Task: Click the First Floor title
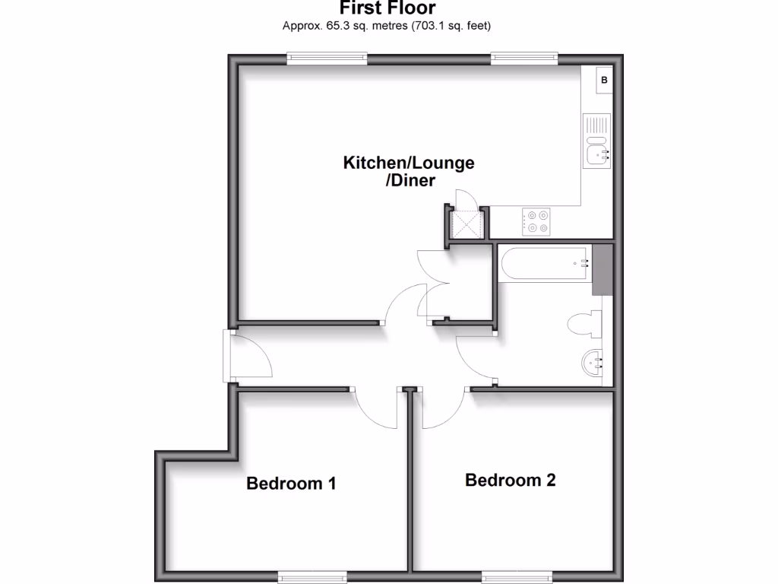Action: (x=387, y=8)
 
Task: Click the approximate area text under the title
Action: (x=387, y=26)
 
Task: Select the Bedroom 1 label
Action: (x=291, y=483)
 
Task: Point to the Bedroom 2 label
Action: (x=511, y=480)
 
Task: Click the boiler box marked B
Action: (x=604, y=80)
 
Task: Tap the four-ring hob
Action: (x=537, y=221)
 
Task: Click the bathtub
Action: (x=544, y=264)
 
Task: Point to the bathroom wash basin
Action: (x=593, y=363)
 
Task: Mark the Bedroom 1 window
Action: (x=306, y=577)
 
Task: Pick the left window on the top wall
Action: (x=327, y=57)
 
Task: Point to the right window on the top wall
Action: (x=524, y=57)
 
